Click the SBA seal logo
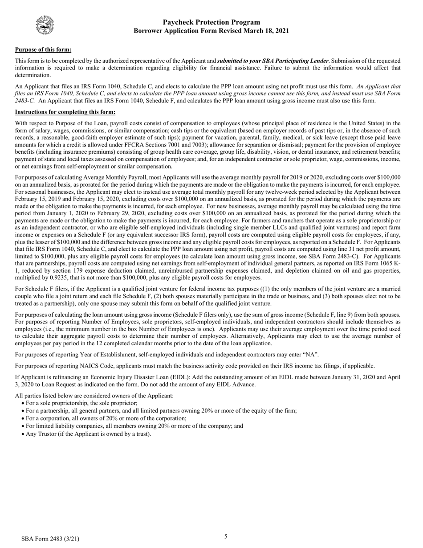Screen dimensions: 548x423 click(x=45, y=25)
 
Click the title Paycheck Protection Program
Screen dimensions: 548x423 click(x=211, y=22)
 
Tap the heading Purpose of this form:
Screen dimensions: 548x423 click(x=43, y=49)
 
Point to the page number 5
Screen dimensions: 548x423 click(x=226, y=536)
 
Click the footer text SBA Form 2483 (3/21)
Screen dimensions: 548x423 click(x=50, y=539)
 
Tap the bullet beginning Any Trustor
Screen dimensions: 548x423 click(x=88, y=433)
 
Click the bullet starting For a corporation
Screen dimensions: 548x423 click(x=106, y=418)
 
